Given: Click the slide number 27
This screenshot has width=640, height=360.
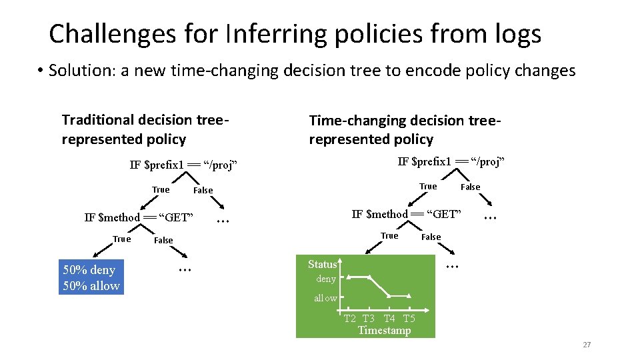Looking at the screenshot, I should pyautogui.click(x=587, y=345).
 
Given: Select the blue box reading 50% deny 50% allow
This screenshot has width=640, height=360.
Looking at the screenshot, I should pyautogui.click(x=91, y=278).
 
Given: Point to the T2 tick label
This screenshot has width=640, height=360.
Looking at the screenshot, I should pyautogui.click(x=350, y=318).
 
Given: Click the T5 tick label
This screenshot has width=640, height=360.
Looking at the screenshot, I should pyautogui.click(x=409, y=318).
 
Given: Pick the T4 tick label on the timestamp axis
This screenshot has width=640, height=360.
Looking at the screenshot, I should pyautogui.click(x=390, y=318).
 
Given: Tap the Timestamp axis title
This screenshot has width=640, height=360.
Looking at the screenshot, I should pyautogui.click(x=384, y=330).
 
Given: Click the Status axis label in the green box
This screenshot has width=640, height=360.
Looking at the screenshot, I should pyautogui.click(x=322, y=264).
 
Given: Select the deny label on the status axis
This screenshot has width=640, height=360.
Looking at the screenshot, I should pyautogui.click(x=326, y=279).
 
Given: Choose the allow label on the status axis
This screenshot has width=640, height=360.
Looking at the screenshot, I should pyautogui.click(x=325, y=298).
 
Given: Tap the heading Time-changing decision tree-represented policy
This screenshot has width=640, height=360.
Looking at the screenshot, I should pyautogui.click(x=404, y=130).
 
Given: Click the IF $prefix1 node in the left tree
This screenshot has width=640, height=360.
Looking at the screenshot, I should pyautogui.click(x=183, y=165).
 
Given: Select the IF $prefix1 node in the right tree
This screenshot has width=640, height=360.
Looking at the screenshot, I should pyautogui.click(x=451, y=161).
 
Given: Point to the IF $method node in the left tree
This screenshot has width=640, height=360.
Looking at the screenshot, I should pyautogui.click(x=139, y=217).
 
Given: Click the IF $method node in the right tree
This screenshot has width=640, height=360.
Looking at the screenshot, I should pyautogui.click(x=406, y=214).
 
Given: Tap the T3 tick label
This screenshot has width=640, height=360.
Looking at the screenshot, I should pyautogui.click(x=369, y=318).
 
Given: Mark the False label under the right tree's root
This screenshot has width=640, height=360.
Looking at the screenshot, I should pyautogui.click(x=471, y=187).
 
